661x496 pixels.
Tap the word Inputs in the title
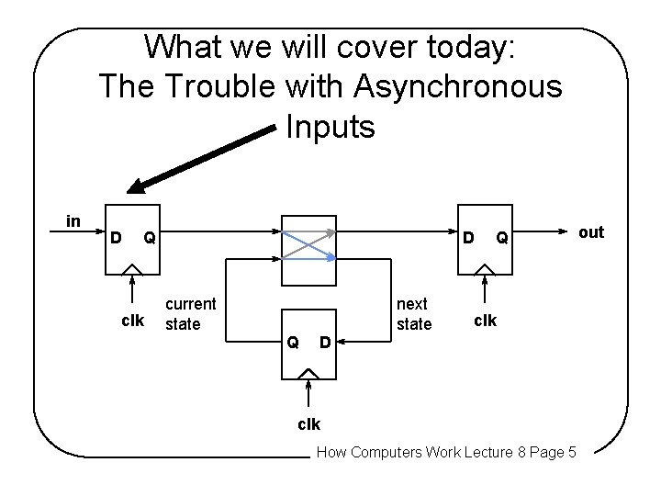pyautogui.click(x=330, y=127)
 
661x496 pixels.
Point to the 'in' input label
pyautogui.click(x=73, y=220)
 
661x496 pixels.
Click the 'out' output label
pyautogui.click(x=591, y=231)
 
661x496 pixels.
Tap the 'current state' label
pyautogui.click(x=190, y=313)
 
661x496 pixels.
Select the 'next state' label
pyautogui.click(x=413, y=313)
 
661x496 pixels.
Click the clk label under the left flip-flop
pyautogui.click(x=133, y=321)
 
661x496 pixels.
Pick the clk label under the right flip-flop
pyautogui.click(x=485, y=321)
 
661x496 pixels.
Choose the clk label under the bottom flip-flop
pyautogui.click(x=309, y=424)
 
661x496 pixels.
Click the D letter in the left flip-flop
pyautogui.click(x=115, y=239)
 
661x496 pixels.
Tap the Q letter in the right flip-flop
pyautogui.click(x=502, y=239)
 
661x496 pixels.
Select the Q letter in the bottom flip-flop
pyautogui.click(x=292, y=343)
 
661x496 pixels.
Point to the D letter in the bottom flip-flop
pyautogui.click(x=324, y=343)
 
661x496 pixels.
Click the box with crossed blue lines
pyautogui.click(x=309, y=239)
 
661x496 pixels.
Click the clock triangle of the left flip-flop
pyautogui.click(x=133, y=269)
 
